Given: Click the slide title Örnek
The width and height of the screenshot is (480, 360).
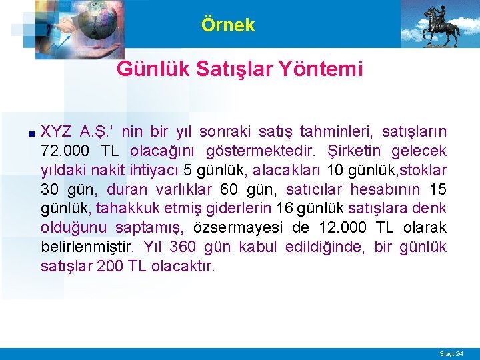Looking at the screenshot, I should pyautogui.click(x=228, y=25).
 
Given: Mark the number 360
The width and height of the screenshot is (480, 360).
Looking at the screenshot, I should pyautogui.click(x=183, y=247).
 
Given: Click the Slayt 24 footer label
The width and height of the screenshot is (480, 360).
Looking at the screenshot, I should pyautogui.click(x=451, y=353).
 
